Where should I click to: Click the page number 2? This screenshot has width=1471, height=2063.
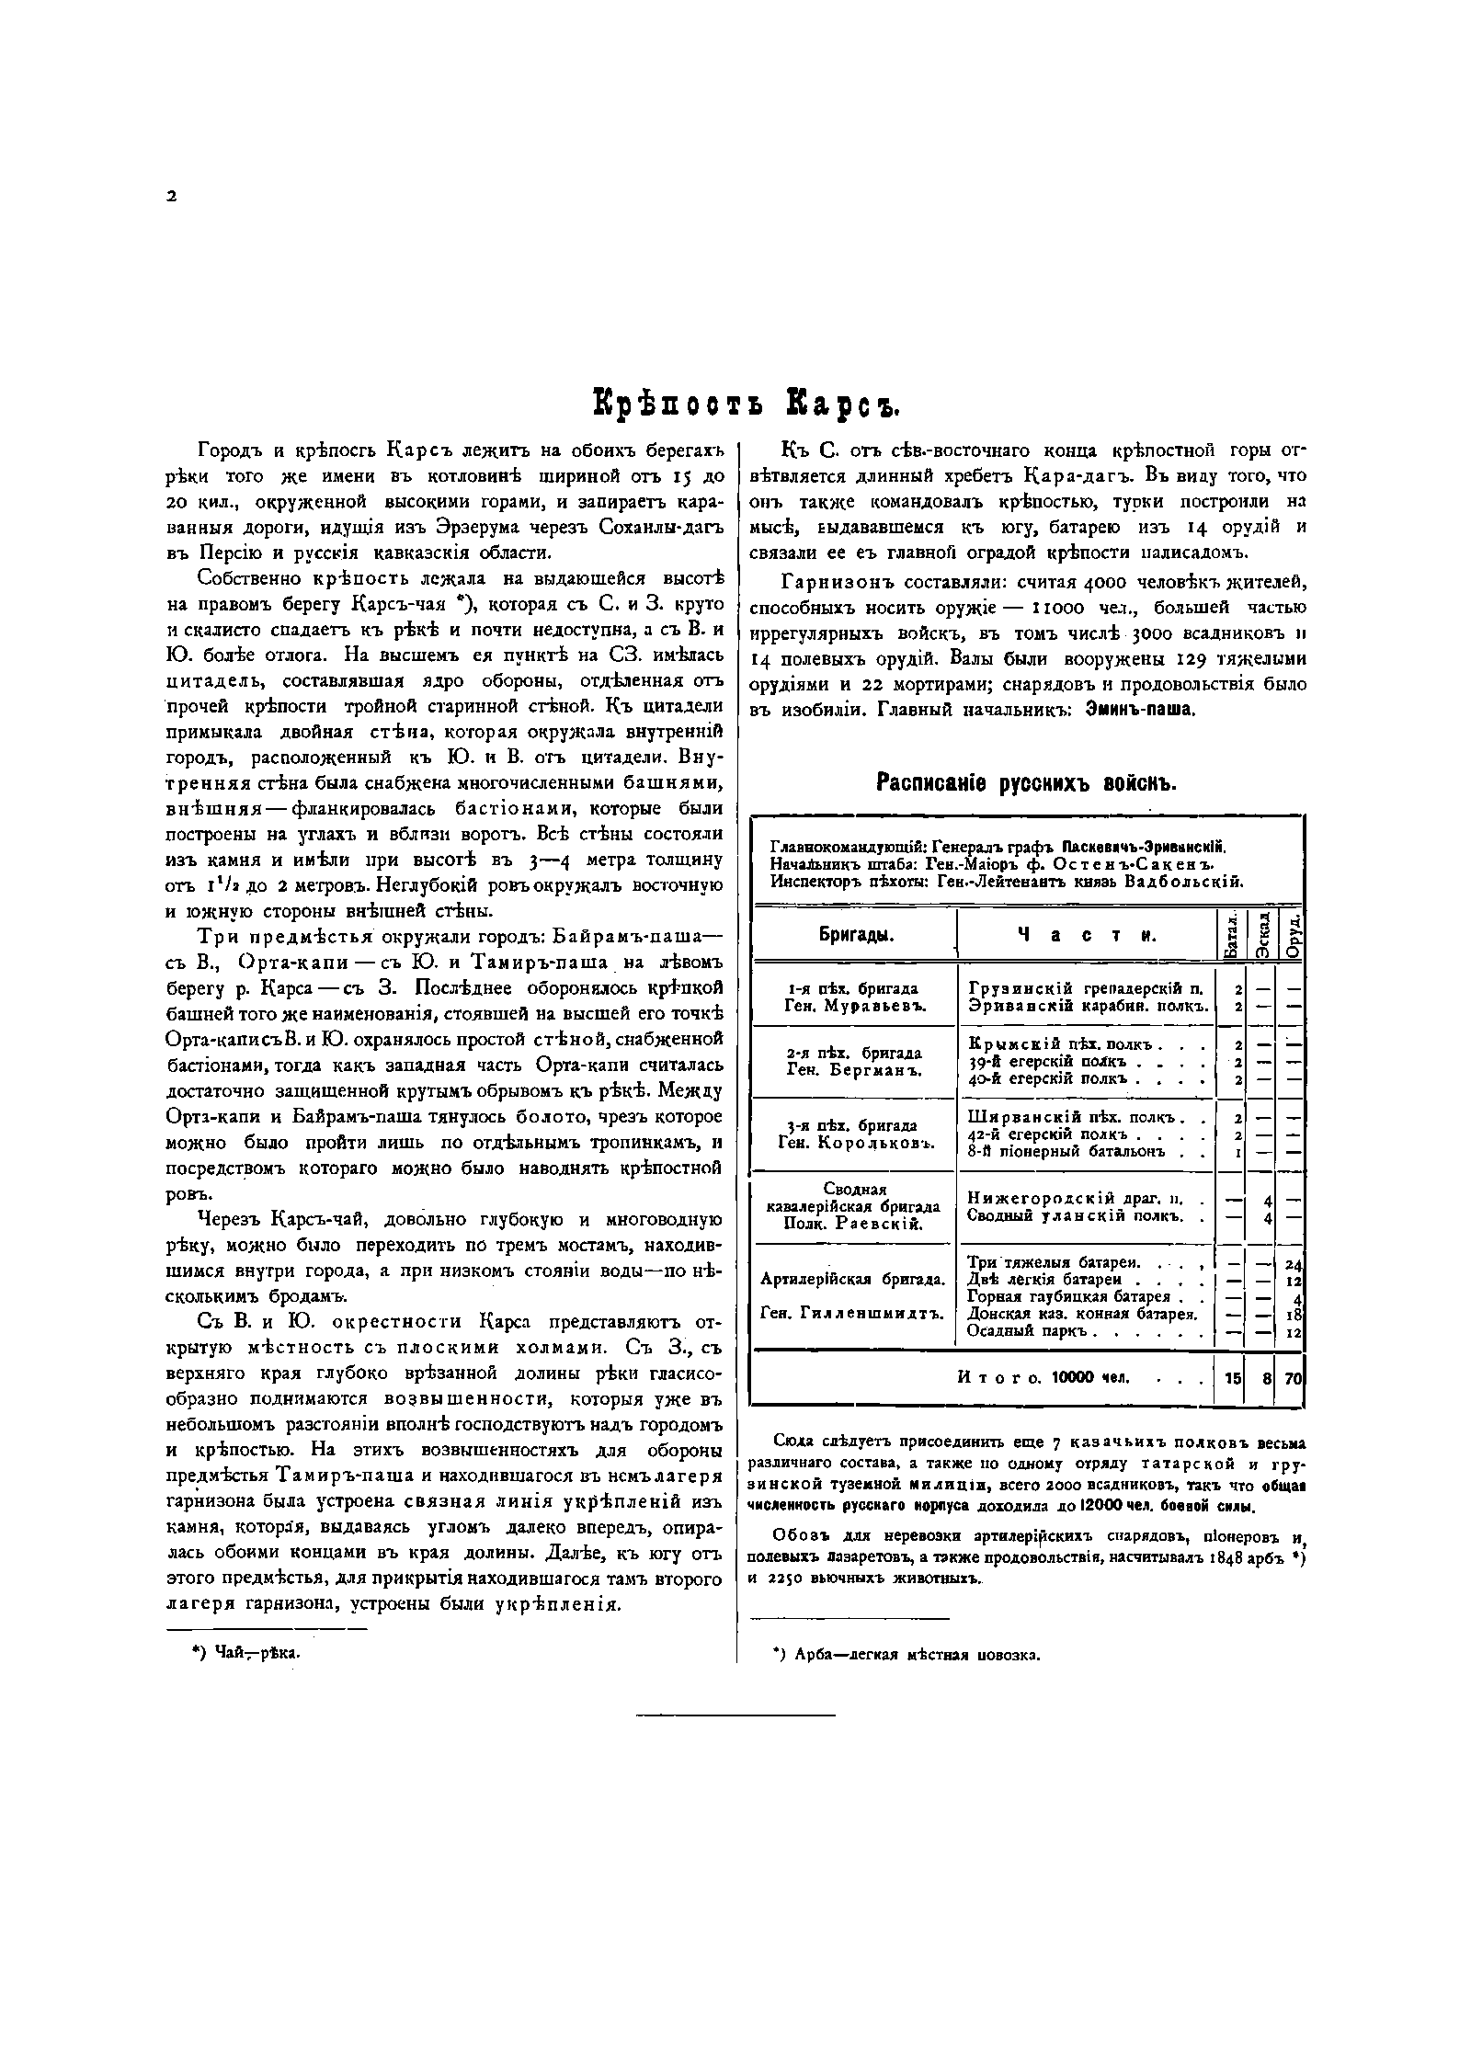point(171,195)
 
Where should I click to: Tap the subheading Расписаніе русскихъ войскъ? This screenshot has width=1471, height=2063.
point(1025,783)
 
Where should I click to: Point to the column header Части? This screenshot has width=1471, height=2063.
point(1085,935)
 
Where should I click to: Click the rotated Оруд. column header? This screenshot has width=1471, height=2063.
point(1292,936)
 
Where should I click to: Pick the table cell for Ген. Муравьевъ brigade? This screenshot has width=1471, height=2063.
point(855,1006)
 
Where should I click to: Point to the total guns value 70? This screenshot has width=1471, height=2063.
point(1293,1377)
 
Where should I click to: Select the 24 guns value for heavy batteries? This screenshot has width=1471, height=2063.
point(1294,1263)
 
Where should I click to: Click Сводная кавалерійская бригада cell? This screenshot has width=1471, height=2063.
point(852,1206)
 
